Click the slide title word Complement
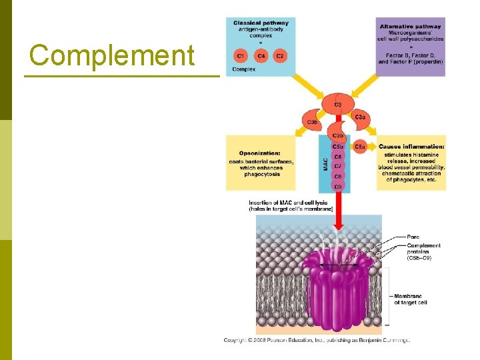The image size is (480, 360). click(112, 55)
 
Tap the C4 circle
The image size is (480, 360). click(261, 56)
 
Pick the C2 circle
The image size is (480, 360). click(279, 56)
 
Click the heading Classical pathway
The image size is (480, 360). click(261, 23)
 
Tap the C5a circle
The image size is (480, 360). click(360, 147)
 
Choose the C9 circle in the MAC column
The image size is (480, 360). click(337, 186)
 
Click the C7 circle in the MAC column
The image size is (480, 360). click(337, 166)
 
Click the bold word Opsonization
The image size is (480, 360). click(259, 153)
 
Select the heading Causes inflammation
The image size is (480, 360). click(411, 147)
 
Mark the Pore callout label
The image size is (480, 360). click(413, 237)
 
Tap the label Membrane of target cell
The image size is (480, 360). click(411, 299)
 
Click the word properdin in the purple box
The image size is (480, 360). click(429, 62)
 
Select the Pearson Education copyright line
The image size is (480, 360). click(317, 341)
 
